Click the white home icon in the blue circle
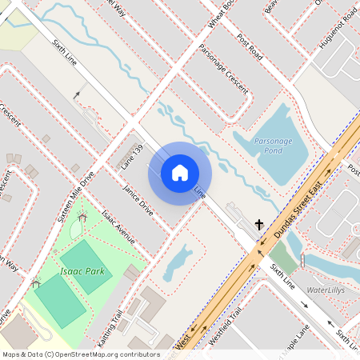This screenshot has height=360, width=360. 179,172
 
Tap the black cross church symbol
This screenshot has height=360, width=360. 259,226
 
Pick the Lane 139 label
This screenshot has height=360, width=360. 132,156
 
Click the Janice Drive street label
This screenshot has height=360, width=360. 138,200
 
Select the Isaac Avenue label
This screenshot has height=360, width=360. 118,230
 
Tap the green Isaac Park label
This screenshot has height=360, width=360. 82,272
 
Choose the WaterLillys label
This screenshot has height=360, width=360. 326,290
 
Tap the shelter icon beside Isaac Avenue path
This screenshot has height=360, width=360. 82,218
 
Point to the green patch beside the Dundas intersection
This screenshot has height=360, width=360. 282,258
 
